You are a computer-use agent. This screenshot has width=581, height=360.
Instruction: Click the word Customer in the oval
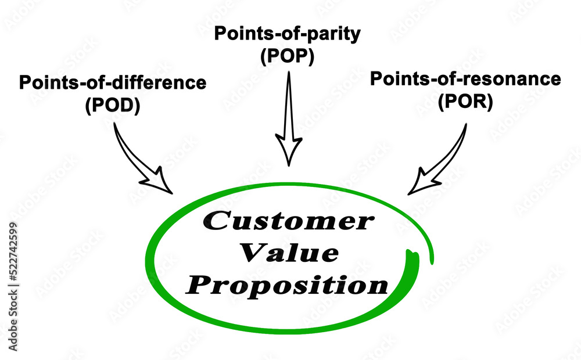(x=288, y=221)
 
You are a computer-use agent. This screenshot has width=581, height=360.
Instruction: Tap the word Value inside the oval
(x=289, y=253)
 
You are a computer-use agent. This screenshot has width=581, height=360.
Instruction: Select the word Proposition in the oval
(x=289, y=285)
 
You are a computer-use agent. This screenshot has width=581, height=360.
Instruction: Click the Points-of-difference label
(x=113, y=82)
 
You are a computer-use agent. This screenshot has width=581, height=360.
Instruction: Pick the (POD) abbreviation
(x=113, y=107)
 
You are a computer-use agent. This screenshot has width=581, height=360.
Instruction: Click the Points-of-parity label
(x=288, y=33)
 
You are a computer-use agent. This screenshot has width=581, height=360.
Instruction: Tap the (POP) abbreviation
(x=288, y=57)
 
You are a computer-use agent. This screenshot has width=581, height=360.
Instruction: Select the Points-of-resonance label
(x=465, y=78)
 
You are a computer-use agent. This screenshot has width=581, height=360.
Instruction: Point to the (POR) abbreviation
(x=465, y=102)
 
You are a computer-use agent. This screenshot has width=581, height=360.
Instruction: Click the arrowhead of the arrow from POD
(x=157, y=180)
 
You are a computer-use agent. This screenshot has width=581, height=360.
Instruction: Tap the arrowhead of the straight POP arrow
(x=289, y=150)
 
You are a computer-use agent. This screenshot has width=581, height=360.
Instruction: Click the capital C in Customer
(x=216, y=221)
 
